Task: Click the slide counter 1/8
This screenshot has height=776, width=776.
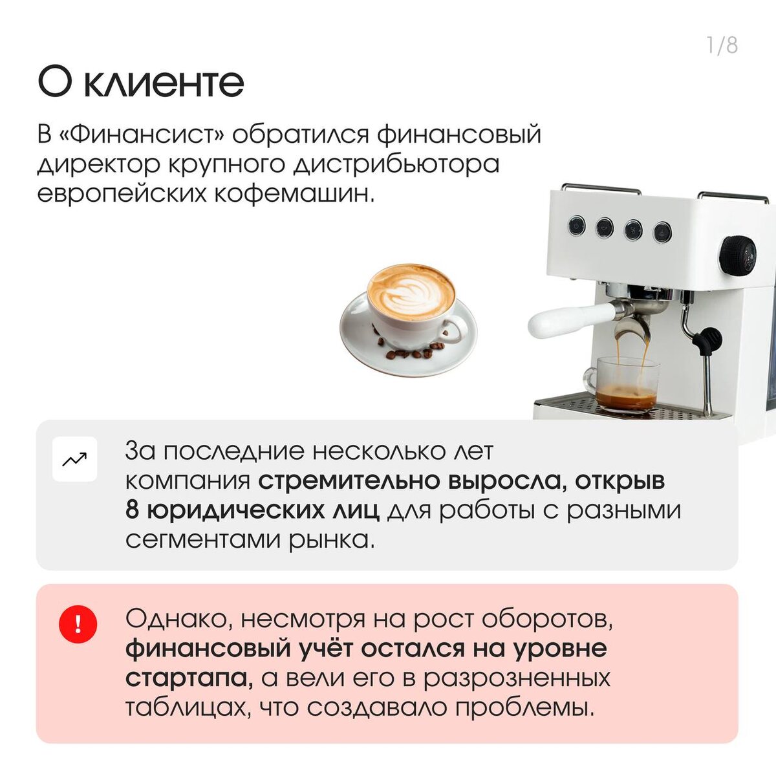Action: pyautogui.click(x=722, y=45)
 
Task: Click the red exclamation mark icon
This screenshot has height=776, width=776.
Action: pyautogui.click(x=78, y=625)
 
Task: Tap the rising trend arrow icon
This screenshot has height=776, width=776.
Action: pyautogui.click(x=74, y=459)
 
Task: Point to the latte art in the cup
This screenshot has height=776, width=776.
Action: pyautogui.click(x=411, y=291)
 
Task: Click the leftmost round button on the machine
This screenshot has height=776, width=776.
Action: pyautogui.click(x=576, y=226)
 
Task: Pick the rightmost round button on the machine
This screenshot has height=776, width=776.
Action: pyautogui.click(x=662, y=232)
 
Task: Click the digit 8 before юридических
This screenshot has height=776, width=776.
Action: pyautogui.click(x=132, y=510)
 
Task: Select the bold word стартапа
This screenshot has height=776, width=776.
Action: pyautogui.click(x=189, y=678)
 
